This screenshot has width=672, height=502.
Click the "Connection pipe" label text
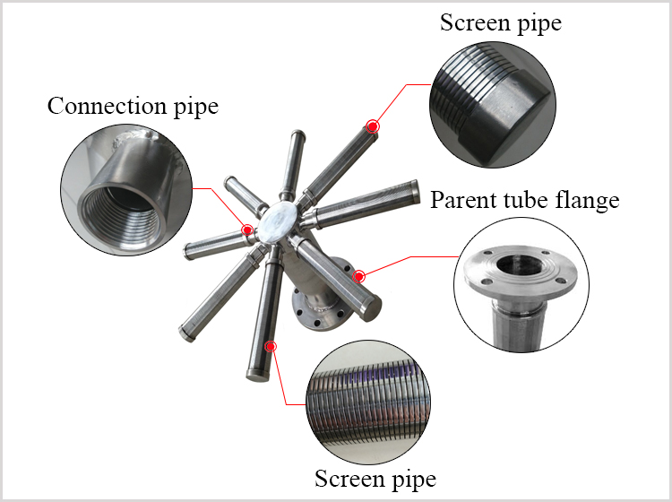[x=133, y=106]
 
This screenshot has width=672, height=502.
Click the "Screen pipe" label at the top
[x=500, y=22]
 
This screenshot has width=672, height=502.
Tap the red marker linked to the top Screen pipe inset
[x=372, y=127]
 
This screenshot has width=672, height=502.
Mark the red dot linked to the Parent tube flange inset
[x=359, y=276]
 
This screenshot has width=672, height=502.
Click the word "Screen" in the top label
[x=473, y=22]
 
